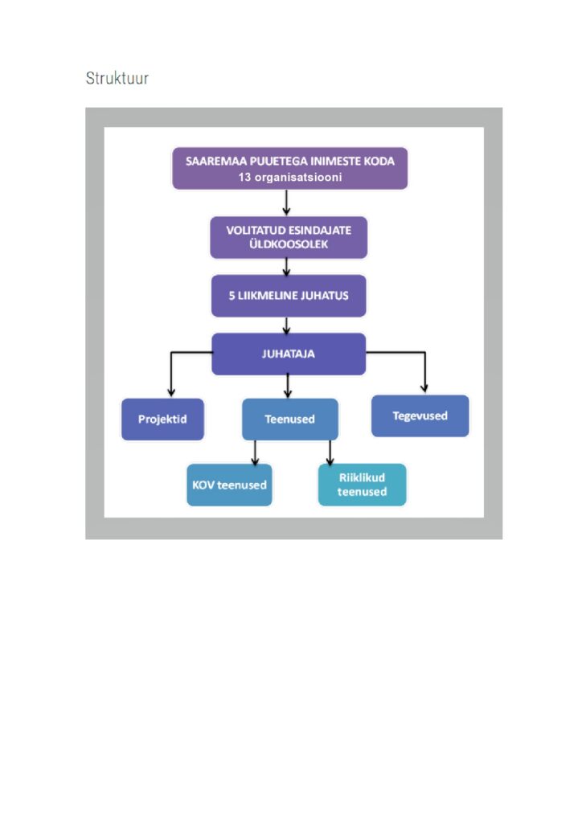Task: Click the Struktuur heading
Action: [x=117, y=79]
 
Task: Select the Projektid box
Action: [x=162, y=420]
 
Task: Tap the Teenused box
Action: [x=289, y=419]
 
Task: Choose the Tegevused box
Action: [x=420, y=416]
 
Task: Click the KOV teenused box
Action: [x=229, y=485]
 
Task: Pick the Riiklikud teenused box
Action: [x=362, y=485]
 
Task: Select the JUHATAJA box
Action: [x=288, y=354]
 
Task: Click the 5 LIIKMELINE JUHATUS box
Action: [x=288, y=296]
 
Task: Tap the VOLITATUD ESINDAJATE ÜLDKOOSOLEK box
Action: [x=288, y=237]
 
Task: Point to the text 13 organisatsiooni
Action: [x=289, y=178]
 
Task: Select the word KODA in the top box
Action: [x=377, y=161]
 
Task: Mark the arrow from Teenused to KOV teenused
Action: [x=255, y=453]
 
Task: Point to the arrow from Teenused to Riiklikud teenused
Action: [x=330, y=453]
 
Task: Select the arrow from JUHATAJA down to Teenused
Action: [x=287, y=387]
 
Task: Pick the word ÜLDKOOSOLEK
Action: [x=289, y=244]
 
